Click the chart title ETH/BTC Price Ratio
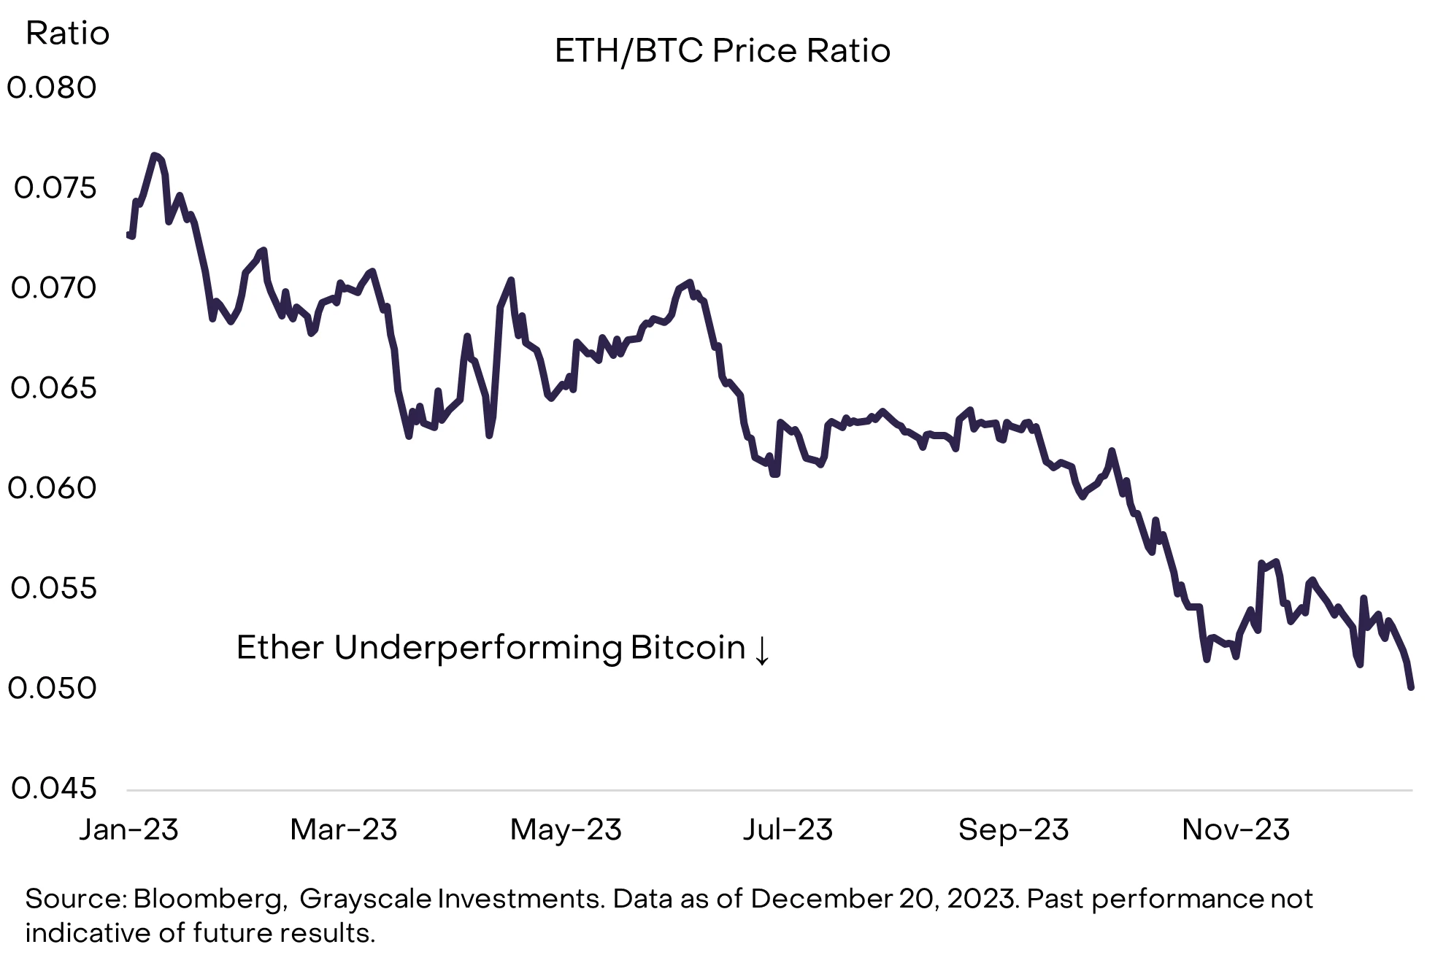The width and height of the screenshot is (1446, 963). tap(723, 51)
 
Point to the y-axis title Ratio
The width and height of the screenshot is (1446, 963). tap(67, 34)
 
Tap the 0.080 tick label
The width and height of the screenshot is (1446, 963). tap(52, 88)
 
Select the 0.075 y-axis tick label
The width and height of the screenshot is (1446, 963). tap(55, 188)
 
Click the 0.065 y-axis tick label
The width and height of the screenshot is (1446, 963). tap(53, 388)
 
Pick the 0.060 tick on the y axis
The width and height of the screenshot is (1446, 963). tap(52, 488)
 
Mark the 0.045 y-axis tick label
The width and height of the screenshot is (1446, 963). tap(53, 789)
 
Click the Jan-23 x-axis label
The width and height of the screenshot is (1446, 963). tap(128, 829)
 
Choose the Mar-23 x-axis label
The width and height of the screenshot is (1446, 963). tap(344, 829)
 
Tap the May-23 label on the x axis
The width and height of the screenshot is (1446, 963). tap(566, 830)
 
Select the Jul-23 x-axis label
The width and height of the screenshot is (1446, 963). tap(788, 829)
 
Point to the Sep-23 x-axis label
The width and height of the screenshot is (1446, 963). tap(1013, 830)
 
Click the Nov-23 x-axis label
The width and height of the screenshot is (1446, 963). tap(1236, 829)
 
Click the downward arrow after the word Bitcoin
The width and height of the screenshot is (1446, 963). tap(761, 650)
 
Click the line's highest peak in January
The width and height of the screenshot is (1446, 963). tap(153, 155)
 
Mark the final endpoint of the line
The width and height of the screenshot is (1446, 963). tap(1411, 687)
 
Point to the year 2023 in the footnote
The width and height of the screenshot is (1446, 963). tap(982, 900)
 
